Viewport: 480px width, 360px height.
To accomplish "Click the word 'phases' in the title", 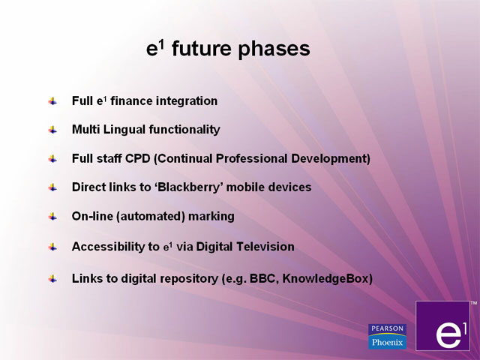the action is pos(274,49).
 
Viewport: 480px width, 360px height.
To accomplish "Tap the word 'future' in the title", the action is pos(202,48).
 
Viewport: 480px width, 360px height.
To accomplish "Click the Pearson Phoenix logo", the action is pos(387,337).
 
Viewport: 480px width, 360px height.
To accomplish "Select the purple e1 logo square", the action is pos(442,325).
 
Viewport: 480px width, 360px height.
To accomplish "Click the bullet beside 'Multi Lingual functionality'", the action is pos(52,130).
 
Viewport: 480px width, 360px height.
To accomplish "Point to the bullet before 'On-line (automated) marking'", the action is pos(52,217).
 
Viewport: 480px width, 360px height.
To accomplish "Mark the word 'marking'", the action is pos(211,217).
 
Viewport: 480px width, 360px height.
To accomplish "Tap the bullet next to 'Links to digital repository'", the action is pos(52,279).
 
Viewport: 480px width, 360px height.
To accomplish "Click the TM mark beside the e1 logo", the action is pos(473,303).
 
